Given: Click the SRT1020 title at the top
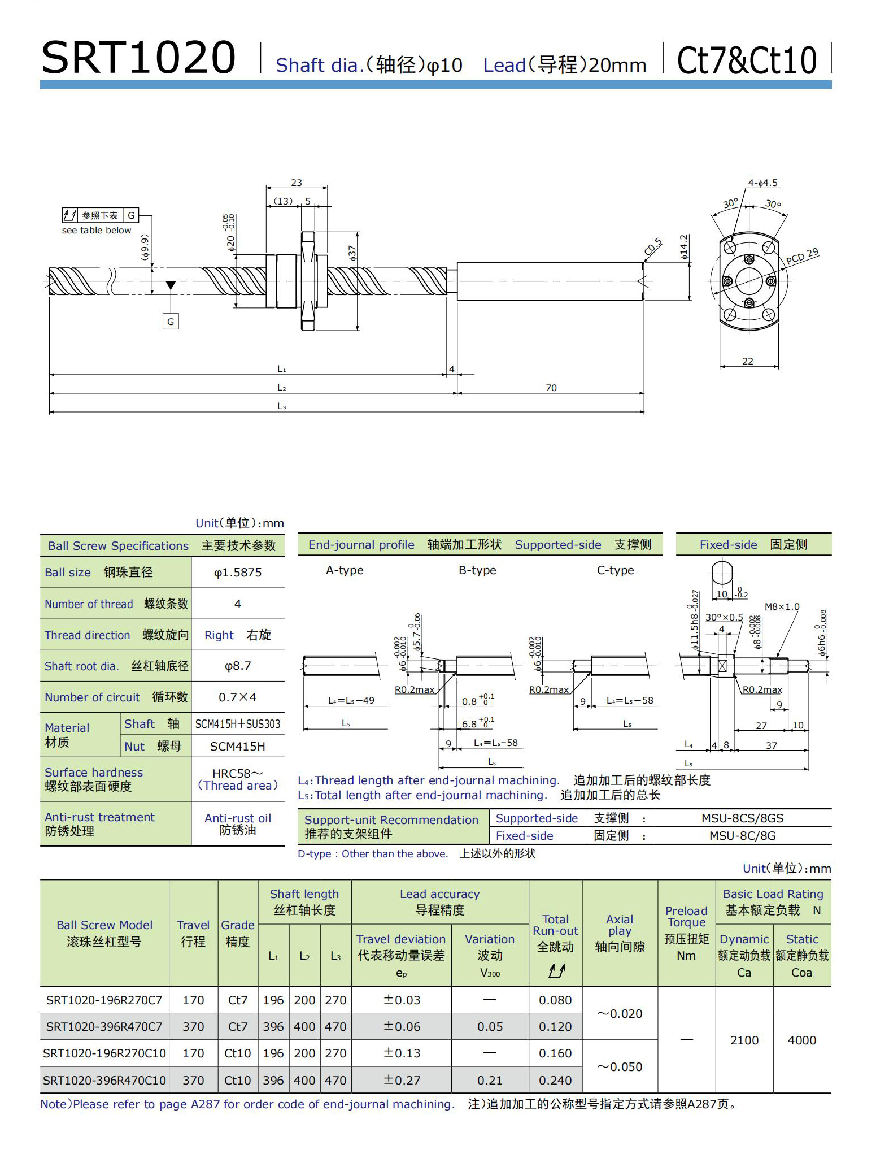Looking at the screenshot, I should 138,58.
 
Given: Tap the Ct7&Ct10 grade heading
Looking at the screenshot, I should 747,60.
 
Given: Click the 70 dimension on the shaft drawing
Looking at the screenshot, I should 551,388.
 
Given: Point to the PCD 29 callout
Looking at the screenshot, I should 802,257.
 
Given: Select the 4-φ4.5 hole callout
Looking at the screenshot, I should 762,183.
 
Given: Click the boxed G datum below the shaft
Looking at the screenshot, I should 171,322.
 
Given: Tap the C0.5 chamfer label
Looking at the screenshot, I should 653,247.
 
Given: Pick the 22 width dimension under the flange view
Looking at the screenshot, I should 747,361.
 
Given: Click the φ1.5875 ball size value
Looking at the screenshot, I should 238,573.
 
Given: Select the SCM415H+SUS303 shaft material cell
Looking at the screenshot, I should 238,724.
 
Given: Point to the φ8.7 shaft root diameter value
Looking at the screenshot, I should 238,666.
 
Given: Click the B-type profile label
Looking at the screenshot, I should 477,570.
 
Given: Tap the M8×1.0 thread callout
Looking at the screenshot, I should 782,606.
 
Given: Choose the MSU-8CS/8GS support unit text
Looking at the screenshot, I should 742,818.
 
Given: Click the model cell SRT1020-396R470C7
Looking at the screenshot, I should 104,1027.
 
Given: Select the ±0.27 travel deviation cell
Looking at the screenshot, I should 402,1080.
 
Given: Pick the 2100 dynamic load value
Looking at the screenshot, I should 744,1040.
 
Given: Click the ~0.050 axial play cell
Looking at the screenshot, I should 620,1067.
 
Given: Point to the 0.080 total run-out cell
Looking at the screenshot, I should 555,1000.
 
